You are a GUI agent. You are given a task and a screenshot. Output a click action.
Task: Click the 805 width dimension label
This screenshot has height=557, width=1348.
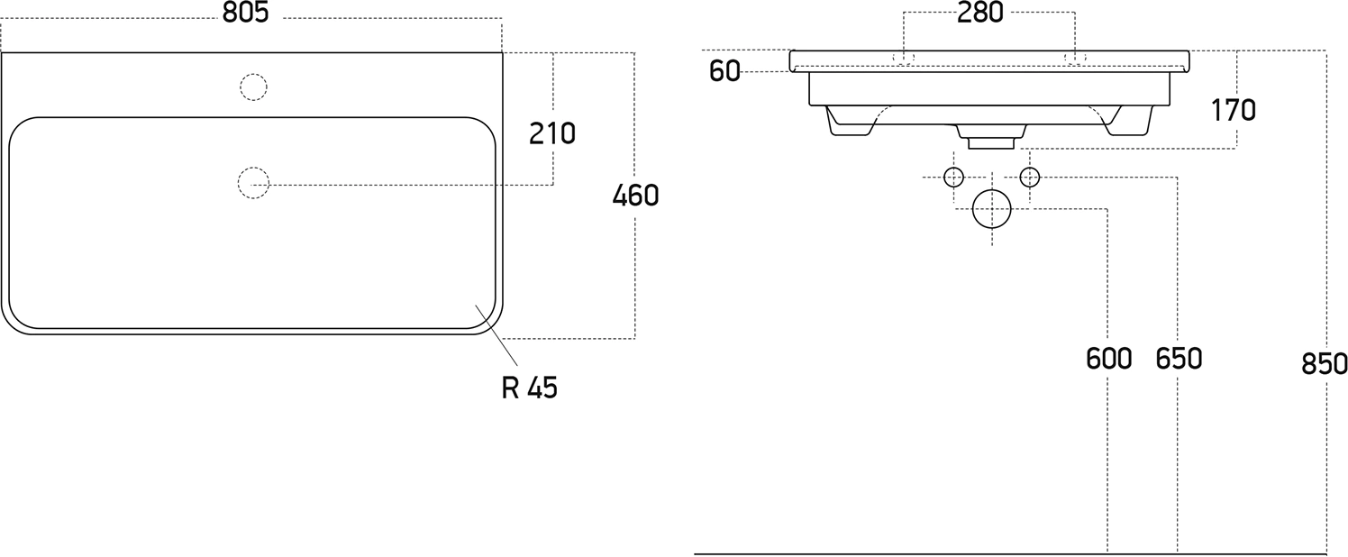pos(245,14)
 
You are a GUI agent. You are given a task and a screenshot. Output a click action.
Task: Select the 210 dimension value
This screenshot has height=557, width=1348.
pos(552,133)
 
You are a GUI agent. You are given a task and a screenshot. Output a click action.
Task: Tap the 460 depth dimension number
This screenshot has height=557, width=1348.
pos(635,196)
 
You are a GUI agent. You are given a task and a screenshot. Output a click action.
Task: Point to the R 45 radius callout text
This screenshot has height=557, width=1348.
pos(530,388)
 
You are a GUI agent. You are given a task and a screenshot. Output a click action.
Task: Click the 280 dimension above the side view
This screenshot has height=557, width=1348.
pos(980,14)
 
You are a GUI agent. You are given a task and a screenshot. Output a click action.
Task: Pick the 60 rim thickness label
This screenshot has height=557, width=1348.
pos(724,72)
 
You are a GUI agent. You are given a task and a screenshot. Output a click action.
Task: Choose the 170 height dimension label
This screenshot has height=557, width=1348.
pos(1233,111)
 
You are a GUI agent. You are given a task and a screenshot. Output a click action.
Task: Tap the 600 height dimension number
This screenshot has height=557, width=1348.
pos(1108,359)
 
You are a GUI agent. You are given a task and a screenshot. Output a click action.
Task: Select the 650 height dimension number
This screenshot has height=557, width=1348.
pos(1179,359)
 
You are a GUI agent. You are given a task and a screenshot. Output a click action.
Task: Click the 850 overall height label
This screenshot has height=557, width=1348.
pos(1324,364)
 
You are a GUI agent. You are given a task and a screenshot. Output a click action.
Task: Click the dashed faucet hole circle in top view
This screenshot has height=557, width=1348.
pos(253,87)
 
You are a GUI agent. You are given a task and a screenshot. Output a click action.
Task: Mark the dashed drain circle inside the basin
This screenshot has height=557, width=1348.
pos(253,183)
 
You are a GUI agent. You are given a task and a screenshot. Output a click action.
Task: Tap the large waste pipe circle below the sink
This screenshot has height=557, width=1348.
pos(992,209)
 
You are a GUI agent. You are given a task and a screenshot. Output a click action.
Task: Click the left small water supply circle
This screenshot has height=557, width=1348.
pos(954,177)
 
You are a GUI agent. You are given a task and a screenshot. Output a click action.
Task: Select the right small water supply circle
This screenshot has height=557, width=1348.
pos(1030,177)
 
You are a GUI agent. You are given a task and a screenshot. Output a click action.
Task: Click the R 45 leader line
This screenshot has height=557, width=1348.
pos(496,334)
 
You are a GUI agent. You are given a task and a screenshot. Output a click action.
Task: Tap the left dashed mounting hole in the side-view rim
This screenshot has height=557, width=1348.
pos(903,59)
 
